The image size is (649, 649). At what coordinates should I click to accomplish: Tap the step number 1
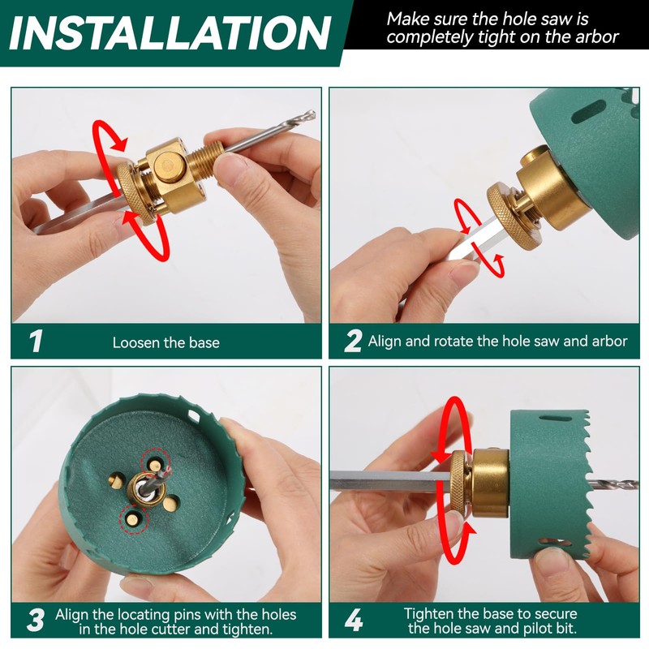(36, 342)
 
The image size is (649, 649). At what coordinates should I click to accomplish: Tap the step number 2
(353, 342)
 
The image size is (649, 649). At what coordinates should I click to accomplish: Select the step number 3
(36, 621)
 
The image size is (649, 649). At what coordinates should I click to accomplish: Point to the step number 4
(354, 621)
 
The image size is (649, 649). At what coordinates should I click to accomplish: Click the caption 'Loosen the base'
(165, 342)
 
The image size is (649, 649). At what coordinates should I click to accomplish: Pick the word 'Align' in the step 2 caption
(386, 342)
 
